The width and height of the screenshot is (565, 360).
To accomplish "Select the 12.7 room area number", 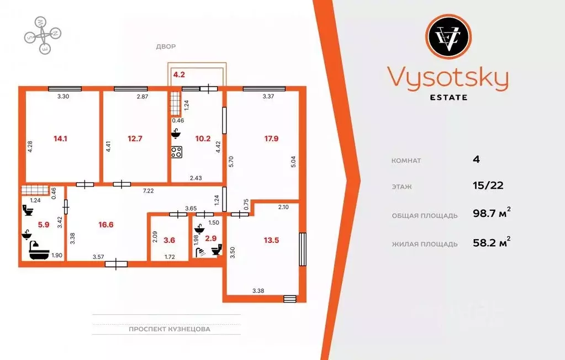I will [135, 139].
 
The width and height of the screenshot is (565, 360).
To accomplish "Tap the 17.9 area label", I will [271, 139].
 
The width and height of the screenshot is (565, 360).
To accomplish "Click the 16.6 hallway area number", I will [107, 225].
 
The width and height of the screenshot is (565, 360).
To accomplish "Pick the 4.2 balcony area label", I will [179, 73].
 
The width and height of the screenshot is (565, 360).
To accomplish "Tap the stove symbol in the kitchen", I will [177, 152].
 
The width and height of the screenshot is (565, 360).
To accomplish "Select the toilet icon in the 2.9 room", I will [216, 250].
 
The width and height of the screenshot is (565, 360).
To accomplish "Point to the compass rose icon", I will [42, 35].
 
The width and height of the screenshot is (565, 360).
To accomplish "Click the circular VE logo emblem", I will [448, 38].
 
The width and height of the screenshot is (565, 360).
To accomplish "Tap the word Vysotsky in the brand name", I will [447, 78].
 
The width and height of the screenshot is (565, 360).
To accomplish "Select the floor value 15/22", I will [488, 186].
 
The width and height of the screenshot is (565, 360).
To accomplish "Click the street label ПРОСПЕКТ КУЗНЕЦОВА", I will [170, 329].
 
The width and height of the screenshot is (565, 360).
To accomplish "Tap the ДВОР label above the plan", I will [166, 47].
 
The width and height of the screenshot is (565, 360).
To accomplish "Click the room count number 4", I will [476, 160].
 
